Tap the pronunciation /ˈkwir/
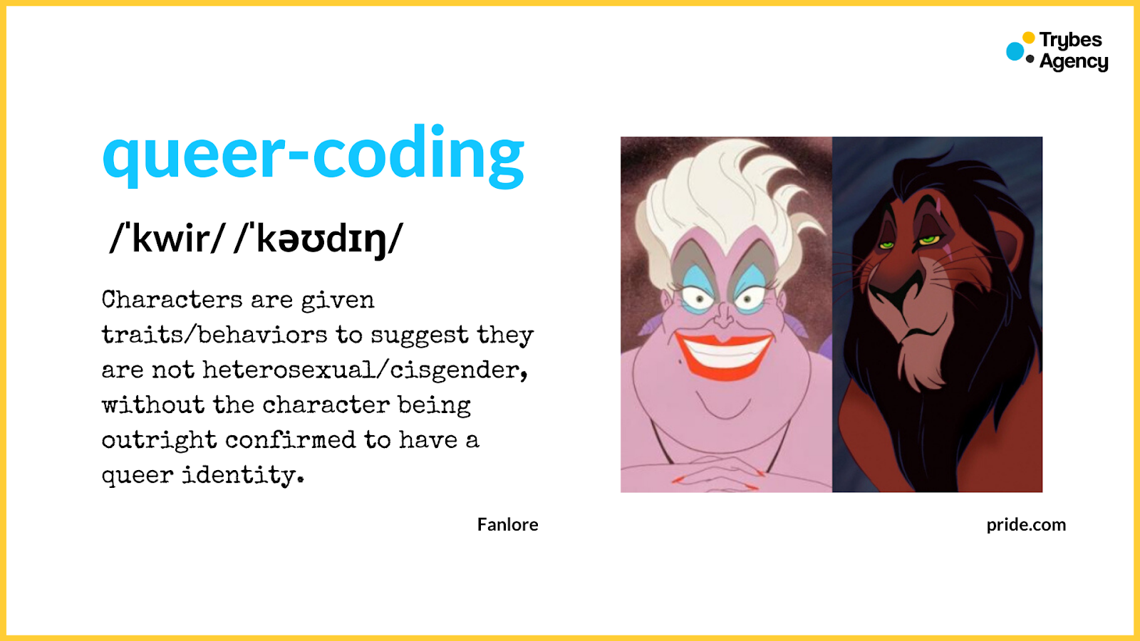(x=168, y=239)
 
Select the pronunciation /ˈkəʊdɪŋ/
(x=318, y=239)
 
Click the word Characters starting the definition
(x=172, y=300)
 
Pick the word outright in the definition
(x=159, y=440)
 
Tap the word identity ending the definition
(x=242, y=475)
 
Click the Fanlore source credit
(x=507, y=525)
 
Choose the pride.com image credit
(x=1026, y=525)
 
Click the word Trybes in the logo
(x=1070, y=40)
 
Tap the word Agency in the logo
(x=1074, y=62)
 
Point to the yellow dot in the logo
(x=1028, y=38)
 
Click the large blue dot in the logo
(x=1015, y=51)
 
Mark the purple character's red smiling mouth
(x=723, y=353)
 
